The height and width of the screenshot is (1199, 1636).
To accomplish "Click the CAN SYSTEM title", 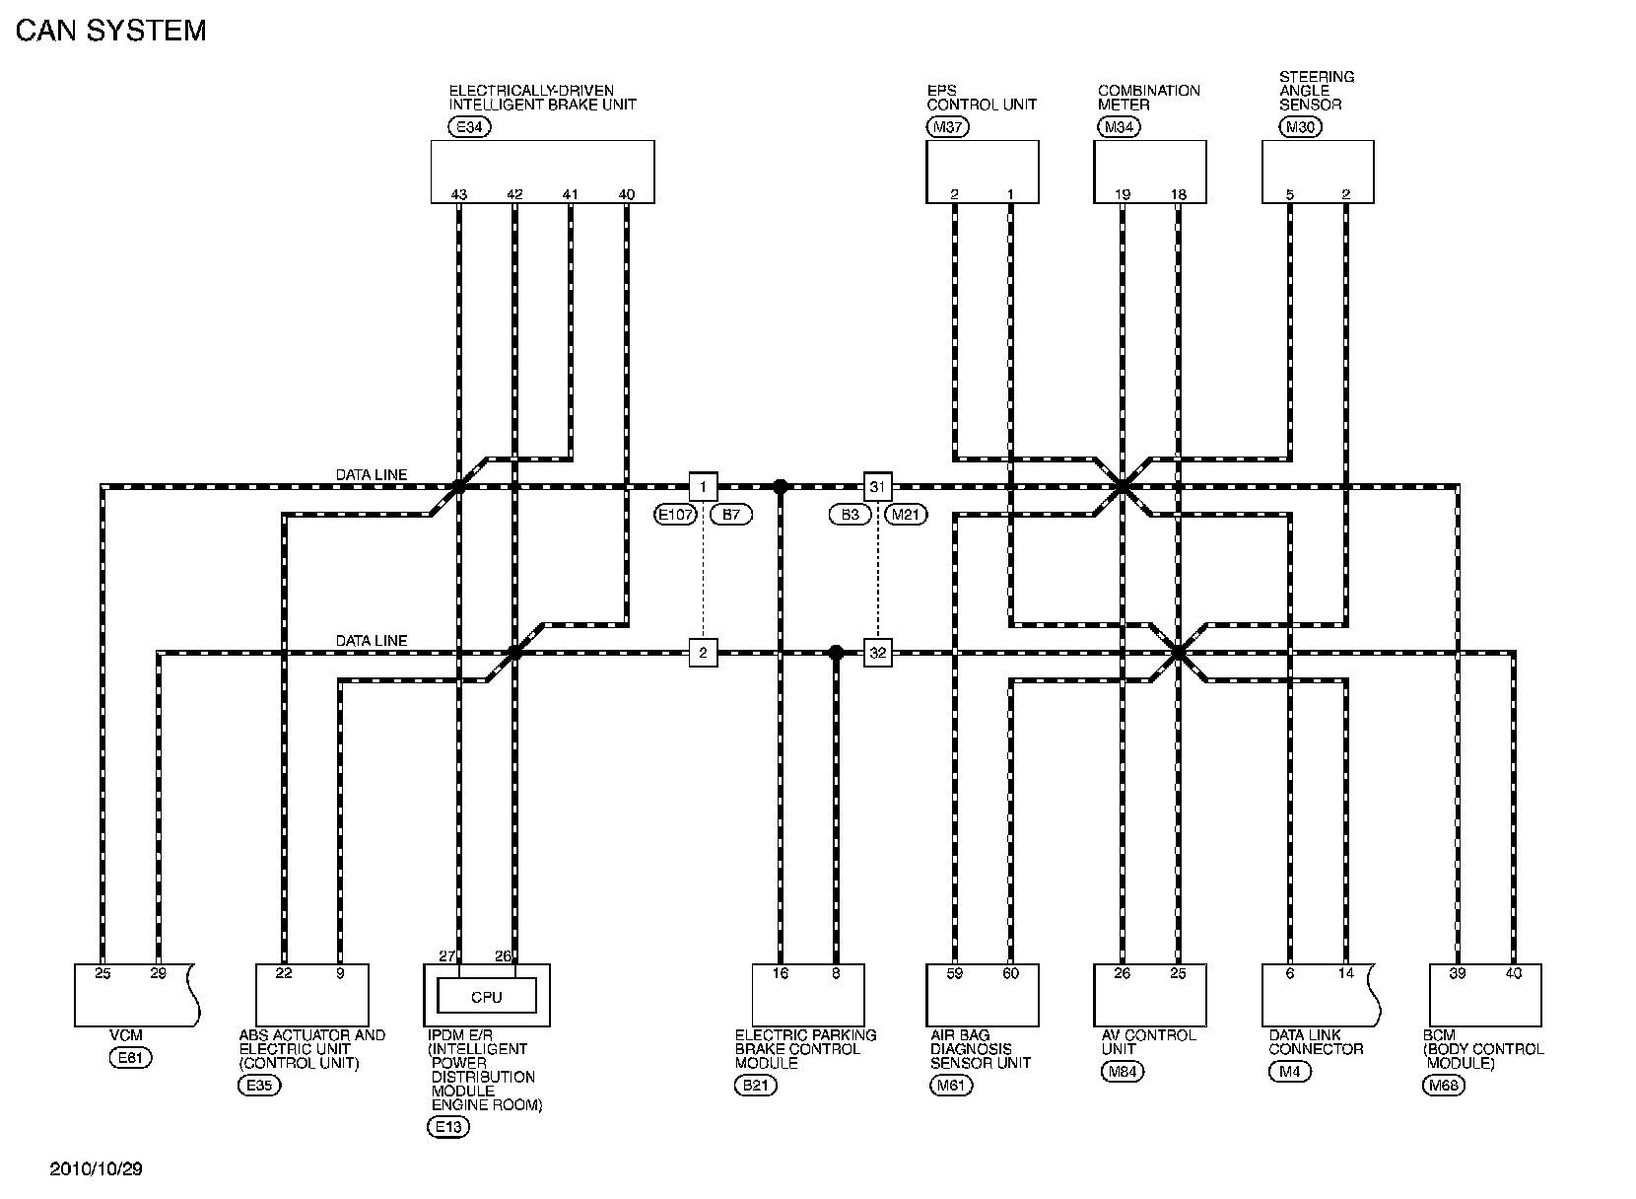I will click(x=110, y=31).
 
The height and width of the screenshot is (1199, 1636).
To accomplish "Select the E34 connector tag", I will click(x=468, y=126).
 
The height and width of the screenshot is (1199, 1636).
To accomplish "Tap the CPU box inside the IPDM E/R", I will click(x=487, y=997).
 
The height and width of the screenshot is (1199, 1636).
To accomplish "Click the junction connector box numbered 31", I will click(x=877, y=486).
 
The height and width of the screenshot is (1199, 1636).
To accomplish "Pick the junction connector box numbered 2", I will click(x=703, y=653).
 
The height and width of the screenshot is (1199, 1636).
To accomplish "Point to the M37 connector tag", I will click(x=948, y=126).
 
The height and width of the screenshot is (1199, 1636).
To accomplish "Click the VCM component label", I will click(x=126, y=1035).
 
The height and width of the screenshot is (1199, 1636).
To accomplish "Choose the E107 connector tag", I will click(x=675, y=515).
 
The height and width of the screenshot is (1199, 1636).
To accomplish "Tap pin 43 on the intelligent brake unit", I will click(x=458, y=194).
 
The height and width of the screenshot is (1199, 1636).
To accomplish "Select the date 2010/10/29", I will click(x=97, y=1169).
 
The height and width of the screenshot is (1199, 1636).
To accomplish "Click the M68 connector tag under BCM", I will click(x=1444, y=1086).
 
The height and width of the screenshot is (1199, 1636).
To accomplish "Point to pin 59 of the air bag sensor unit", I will click(x=954, y=974).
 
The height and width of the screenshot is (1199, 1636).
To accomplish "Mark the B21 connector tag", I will click(x=756, y=1086).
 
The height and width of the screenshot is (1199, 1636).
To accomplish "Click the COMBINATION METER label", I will click(x=1148, y=97).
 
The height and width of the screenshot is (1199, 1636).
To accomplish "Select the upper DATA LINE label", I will click(x=371, y=475).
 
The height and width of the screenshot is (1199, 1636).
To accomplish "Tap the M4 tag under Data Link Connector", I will click(x=1289, y=1072).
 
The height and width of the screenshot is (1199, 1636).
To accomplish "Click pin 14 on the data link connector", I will click(x=1345, y=974).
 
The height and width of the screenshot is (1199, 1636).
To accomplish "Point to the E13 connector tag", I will click(x=448, y=1127).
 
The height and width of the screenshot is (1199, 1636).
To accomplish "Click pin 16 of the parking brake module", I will click(x=780, y=974).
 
